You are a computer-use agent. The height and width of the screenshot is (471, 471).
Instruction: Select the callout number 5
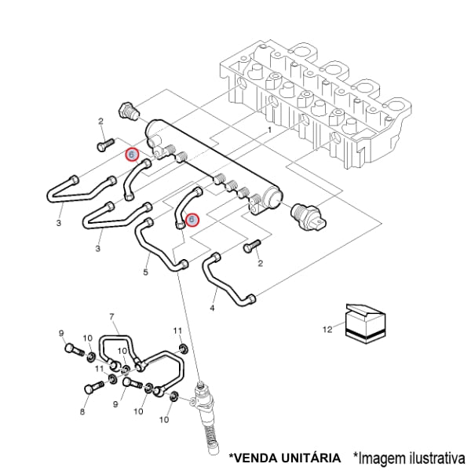[x=145, y=272]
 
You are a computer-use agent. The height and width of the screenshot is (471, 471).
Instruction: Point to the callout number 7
[x=111, y=317]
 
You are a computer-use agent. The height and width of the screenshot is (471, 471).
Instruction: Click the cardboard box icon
[x=366, y=323]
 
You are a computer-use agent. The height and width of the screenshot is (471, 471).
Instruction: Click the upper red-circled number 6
[x=132, y=155]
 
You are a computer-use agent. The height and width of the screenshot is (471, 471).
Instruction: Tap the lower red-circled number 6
[x=192, y=221]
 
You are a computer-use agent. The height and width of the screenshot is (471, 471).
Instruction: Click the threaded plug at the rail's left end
[x=128, y=111]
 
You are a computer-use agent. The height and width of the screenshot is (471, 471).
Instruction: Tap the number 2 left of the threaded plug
[x=100, y=121]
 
